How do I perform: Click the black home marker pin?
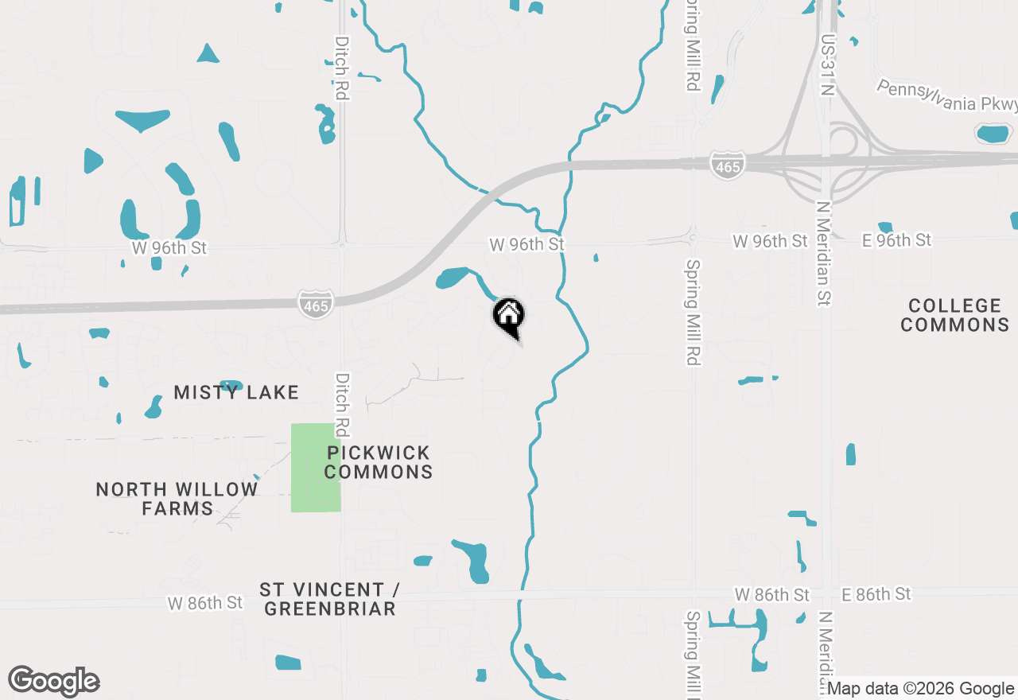(508, 317)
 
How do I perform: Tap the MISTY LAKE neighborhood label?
(236, 392)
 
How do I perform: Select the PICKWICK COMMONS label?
(379, 462)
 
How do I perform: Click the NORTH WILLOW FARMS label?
(177, 499)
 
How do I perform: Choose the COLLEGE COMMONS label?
(955, 315)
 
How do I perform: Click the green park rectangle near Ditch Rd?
(316, 468)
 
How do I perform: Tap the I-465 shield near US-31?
(727, 165)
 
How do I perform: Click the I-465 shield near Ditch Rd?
(316, 304)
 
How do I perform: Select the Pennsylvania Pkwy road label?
(946, 96)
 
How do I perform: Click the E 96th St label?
(896, 240)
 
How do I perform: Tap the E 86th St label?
(876, 594)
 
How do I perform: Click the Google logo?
(53, 682)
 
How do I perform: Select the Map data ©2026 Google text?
(921, 689)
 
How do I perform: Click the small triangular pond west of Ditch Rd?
(208, 54)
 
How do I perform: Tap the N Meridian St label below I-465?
(824, 252)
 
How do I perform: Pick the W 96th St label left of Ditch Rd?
(169, 248)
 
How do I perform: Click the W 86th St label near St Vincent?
(204, 603)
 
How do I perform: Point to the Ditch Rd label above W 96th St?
(342, 68)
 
